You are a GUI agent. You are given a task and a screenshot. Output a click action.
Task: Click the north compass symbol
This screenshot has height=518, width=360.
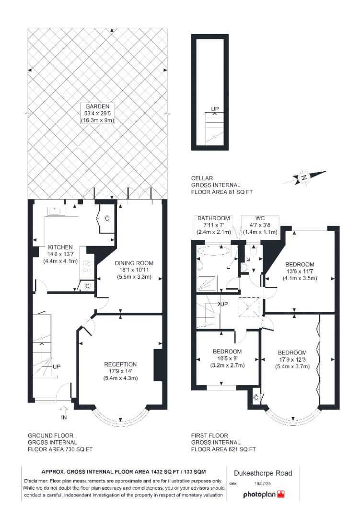[303, 177]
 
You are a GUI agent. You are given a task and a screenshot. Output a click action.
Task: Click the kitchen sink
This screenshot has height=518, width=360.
[54, 211]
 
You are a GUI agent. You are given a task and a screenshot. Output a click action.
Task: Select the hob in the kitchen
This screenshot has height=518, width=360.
[87, 267]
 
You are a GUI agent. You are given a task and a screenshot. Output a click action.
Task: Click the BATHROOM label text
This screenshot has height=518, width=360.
[214, 218]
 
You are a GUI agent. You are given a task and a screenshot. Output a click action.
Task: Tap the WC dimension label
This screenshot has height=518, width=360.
[259, 225]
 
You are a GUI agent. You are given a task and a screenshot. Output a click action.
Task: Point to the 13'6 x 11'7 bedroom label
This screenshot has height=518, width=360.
[300, 271]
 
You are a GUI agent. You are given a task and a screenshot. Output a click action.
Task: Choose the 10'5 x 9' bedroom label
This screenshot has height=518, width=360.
[227, 358]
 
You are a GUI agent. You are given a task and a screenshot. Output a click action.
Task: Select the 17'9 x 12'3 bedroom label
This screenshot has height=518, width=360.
[291, 359]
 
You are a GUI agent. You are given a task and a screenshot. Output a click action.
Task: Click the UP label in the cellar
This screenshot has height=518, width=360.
[215, 109]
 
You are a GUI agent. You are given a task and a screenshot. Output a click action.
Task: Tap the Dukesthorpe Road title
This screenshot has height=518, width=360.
[262, 473]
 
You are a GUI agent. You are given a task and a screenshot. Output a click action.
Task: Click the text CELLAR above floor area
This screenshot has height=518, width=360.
[202, 178]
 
